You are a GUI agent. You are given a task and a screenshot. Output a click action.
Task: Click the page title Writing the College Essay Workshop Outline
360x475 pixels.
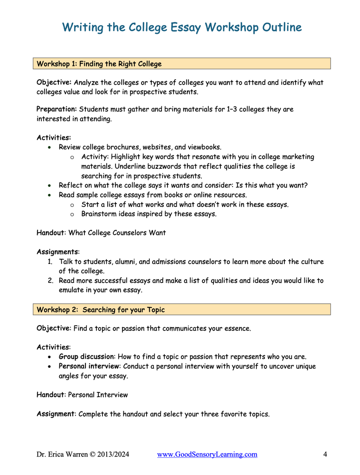(182, 28)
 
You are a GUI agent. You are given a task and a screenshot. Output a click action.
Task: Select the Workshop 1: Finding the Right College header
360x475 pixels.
(99, 64)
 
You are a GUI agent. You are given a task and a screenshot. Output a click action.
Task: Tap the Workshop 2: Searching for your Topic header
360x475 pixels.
(101, 309)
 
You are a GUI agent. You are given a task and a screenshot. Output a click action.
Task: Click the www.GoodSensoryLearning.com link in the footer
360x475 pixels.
(207, 455)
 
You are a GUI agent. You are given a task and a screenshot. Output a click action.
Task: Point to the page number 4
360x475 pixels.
(325, 455)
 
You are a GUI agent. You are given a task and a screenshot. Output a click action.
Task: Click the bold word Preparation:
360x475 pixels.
(57, 109)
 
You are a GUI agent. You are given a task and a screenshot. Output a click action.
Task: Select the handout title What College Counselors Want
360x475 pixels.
(117, 233)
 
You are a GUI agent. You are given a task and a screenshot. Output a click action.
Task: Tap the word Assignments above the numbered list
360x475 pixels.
(58, 252)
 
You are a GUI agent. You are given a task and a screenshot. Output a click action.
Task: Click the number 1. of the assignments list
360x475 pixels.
(50, 262)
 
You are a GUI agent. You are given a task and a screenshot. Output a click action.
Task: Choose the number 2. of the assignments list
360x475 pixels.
(50, 281)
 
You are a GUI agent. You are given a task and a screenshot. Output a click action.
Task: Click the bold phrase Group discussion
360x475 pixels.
(86, 357)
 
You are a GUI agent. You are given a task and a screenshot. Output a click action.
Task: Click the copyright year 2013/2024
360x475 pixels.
(113, 455)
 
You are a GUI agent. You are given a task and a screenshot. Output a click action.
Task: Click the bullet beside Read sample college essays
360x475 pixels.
(50, 195)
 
